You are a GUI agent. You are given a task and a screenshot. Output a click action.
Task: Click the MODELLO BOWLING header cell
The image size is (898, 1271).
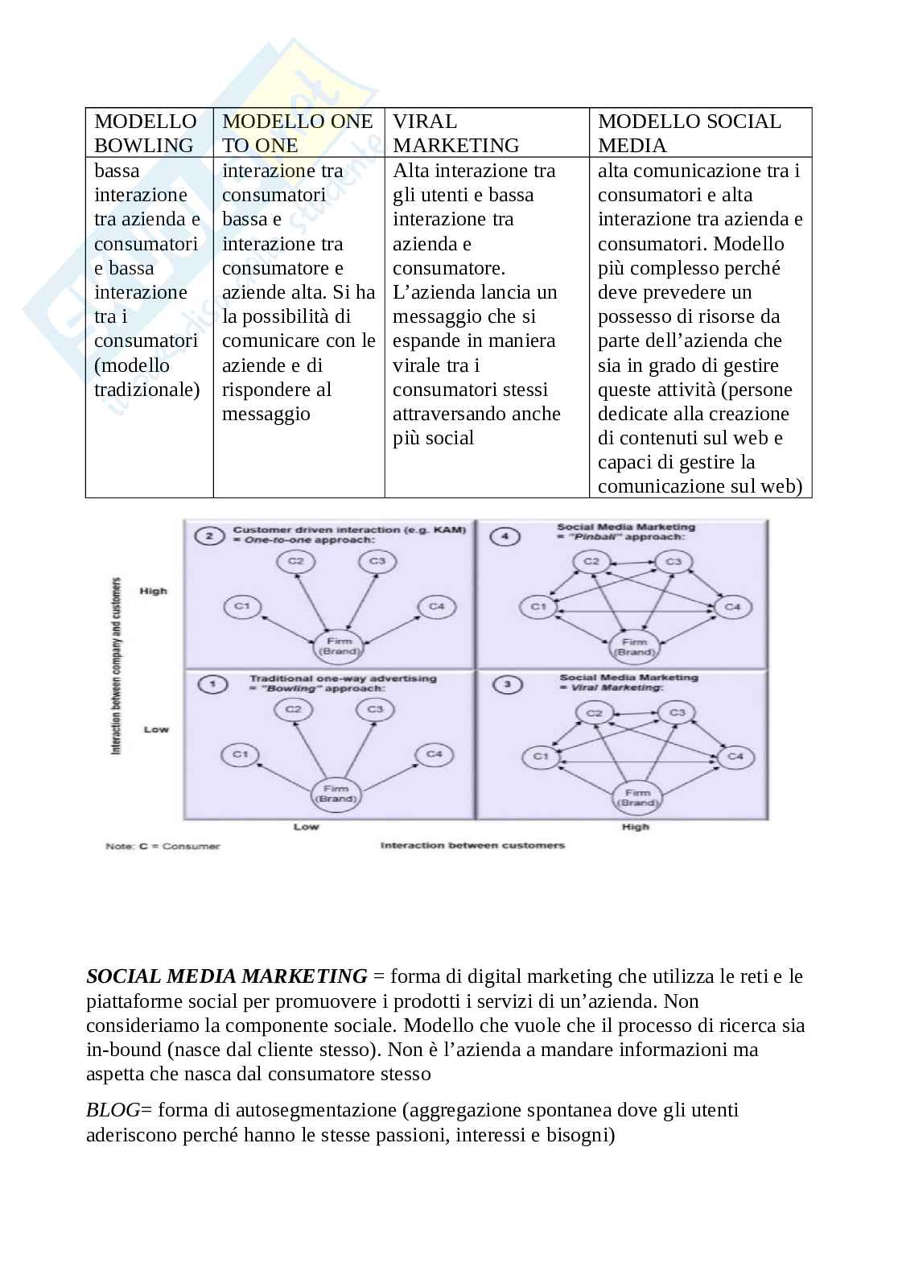pos(146,133)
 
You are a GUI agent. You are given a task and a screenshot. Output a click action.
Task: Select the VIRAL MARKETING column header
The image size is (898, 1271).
pos(455,133)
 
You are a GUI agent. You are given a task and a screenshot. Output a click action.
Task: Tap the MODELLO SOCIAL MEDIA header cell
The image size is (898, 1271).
pos(689,133)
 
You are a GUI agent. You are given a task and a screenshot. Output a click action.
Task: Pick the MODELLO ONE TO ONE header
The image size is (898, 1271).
pos(298,133)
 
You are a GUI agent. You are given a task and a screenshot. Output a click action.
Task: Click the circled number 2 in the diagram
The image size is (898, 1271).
pos(209,535)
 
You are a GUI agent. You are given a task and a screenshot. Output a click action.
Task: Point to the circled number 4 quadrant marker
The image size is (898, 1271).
pos(504,535)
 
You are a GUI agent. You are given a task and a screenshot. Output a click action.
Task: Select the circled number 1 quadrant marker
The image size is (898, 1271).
pos(211,685)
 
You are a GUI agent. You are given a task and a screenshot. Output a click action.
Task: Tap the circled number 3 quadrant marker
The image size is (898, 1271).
pos(507,685)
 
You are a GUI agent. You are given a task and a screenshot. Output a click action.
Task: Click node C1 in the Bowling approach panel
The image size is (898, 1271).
pos(241,754)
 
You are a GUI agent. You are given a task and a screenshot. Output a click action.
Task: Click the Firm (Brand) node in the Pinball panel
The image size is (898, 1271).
pos(634,646)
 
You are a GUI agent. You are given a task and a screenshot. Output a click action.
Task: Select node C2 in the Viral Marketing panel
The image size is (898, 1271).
pos(594,713)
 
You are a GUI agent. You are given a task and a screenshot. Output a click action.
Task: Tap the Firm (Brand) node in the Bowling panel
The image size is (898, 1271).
pos(335,794)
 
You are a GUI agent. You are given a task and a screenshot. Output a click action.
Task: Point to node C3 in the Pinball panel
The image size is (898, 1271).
pos(673,562)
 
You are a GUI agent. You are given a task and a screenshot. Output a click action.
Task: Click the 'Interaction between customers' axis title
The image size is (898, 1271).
pos(472,845)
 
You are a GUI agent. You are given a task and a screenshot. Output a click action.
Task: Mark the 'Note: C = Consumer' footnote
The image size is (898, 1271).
pos(163,846)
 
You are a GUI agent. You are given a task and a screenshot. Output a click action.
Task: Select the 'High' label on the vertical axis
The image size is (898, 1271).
pos(154,591)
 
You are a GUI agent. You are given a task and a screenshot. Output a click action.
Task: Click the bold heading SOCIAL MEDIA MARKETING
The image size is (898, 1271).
pos(226,976)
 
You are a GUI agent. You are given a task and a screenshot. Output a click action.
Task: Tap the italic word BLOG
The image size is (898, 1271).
pos(113,1110)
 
